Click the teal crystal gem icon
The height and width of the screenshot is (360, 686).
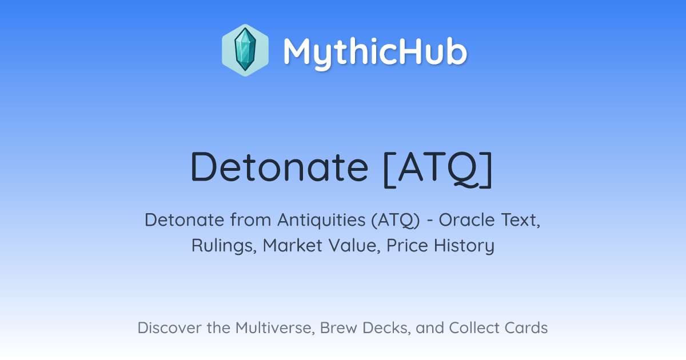245,50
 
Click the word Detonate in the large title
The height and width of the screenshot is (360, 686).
279,167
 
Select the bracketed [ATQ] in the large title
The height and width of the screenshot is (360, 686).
438,169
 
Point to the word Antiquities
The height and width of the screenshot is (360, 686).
321,220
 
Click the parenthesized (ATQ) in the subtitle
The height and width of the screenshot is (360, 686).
396,221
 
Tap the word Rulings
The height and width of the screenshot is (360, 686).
224,246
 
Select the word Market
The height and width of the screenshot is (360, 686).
293,245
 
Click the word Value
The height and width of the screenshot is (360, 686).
354,246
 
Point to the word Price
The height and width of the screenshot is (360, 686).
407,245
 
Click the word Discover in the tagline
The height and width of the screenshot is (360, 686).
169,327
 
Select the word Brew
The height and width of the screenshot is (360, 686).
338,327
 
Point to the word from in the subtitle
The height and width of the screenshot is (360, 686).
250,220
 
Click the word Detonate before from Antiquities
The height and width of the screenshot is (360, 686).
184,220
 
